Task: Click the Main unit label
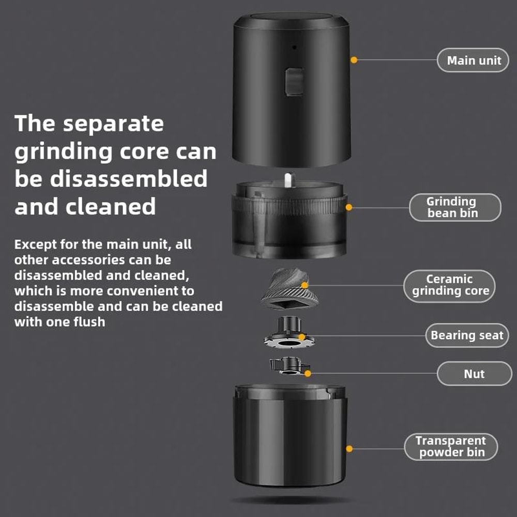click(474, 60)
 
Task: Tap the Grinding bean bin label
click(454, 207)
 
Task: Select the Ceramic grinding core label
click(449, 285)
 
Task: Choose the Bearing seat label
click(466, 336)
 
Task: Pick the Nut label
click(474, 373)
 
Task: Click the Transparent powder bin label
click(450, 447)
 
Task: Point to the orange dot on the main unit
click(354, 60)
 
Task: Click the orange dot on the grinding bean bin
click(348, 207)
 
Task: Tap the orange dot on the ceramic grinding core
click(305, 285)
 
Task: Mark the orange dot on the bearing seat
click(303, 336)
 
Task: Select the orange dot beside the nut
click(308, 373)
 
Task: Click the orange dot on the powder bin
click(349, 449)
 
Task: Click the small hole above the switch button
click(294, 48)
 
